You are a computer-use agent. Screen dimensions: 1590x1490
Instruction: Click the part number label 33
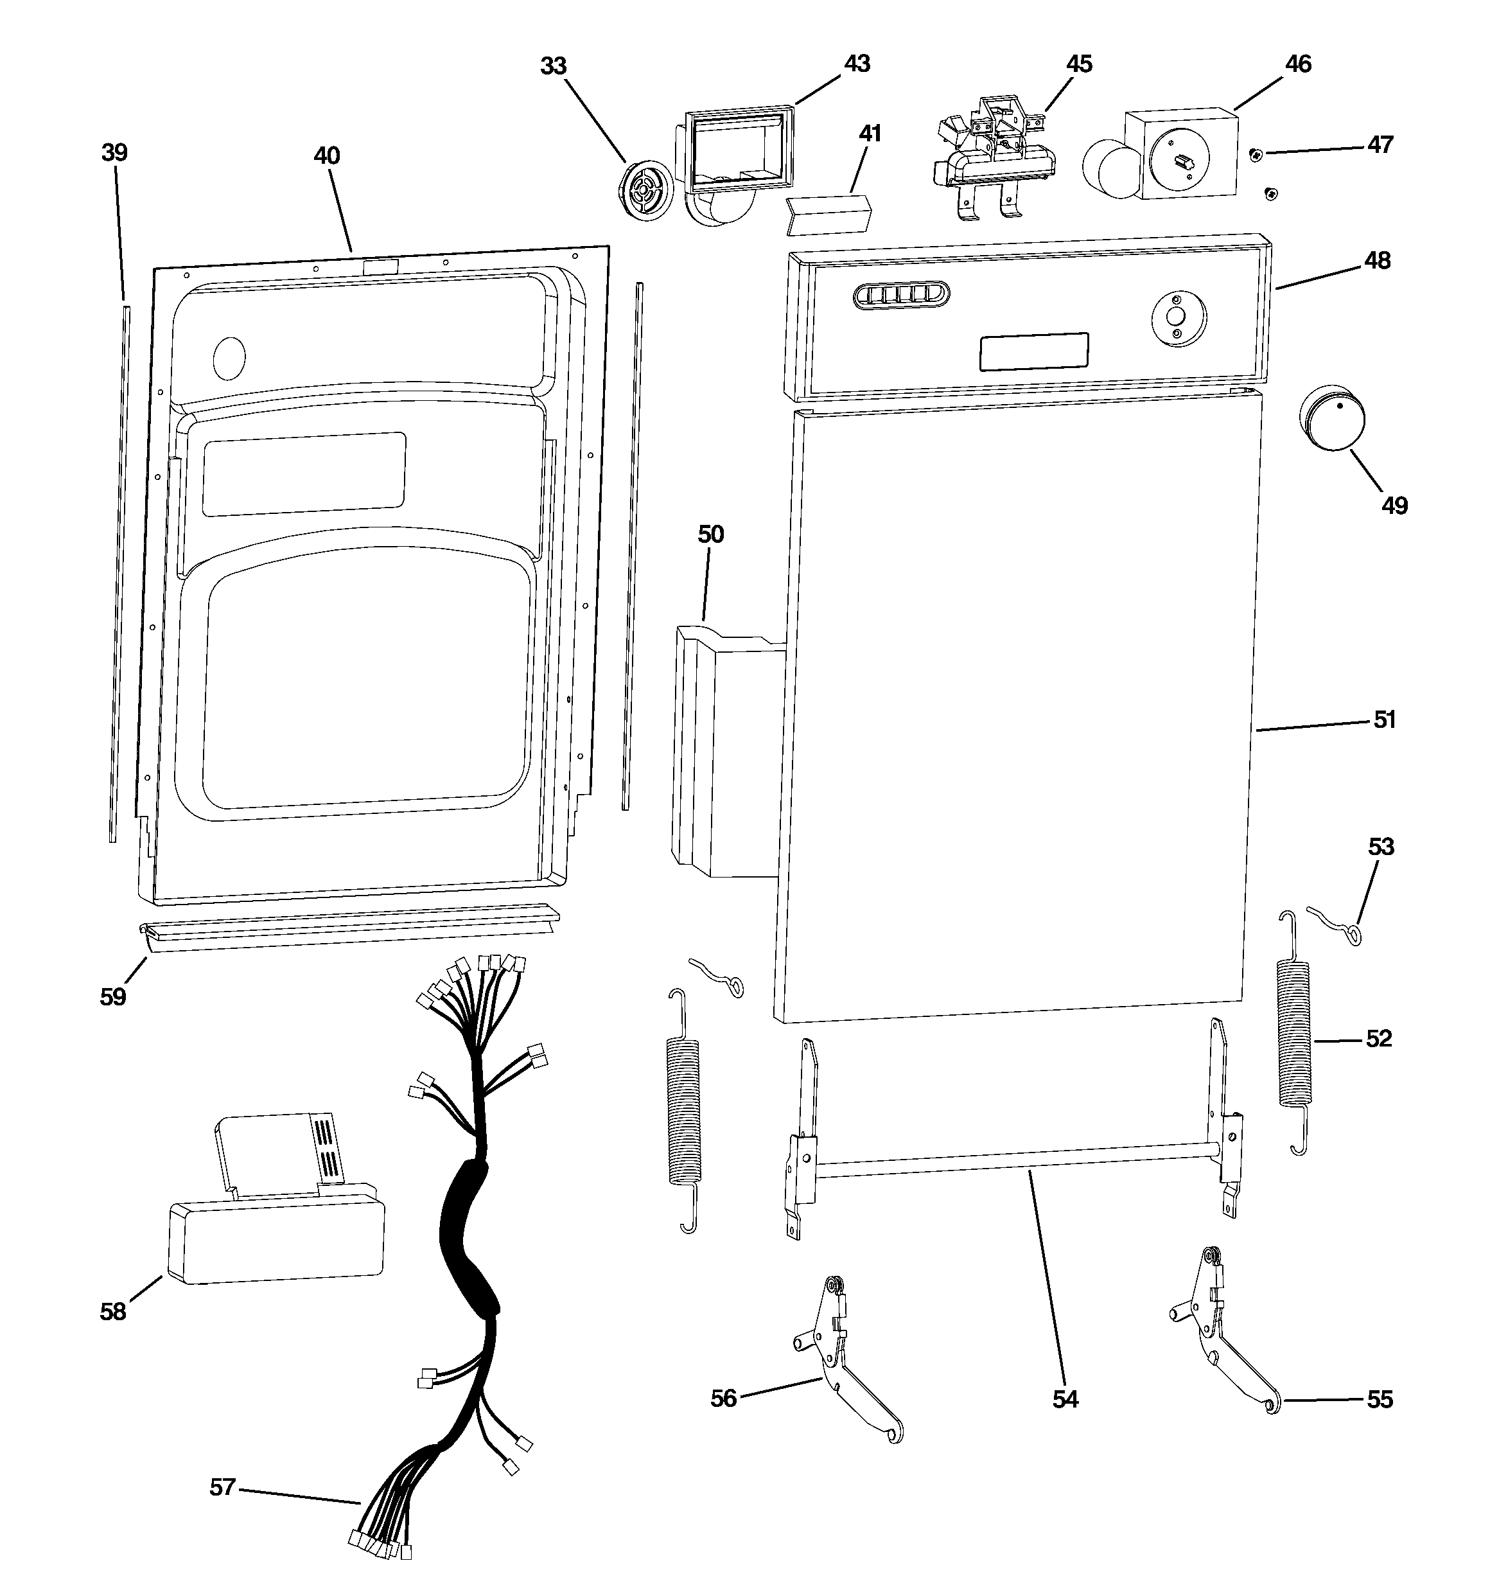pos(553,66)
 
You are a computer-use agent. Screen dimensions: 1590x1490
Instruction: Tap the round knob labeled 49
pos(1331,421)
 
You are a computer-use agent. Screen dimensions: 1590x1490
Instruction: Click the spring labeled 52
pos(1295,1034)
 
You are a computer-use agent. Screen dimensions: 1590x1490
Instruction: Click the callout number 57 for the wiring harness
pos(222,1487)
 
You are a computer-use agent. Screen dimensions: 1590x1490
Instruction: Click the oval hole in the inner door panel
pos(229,357)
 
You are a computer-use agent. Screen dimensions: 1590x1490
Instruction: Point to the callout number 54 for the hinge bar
pos(1064,1398)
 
